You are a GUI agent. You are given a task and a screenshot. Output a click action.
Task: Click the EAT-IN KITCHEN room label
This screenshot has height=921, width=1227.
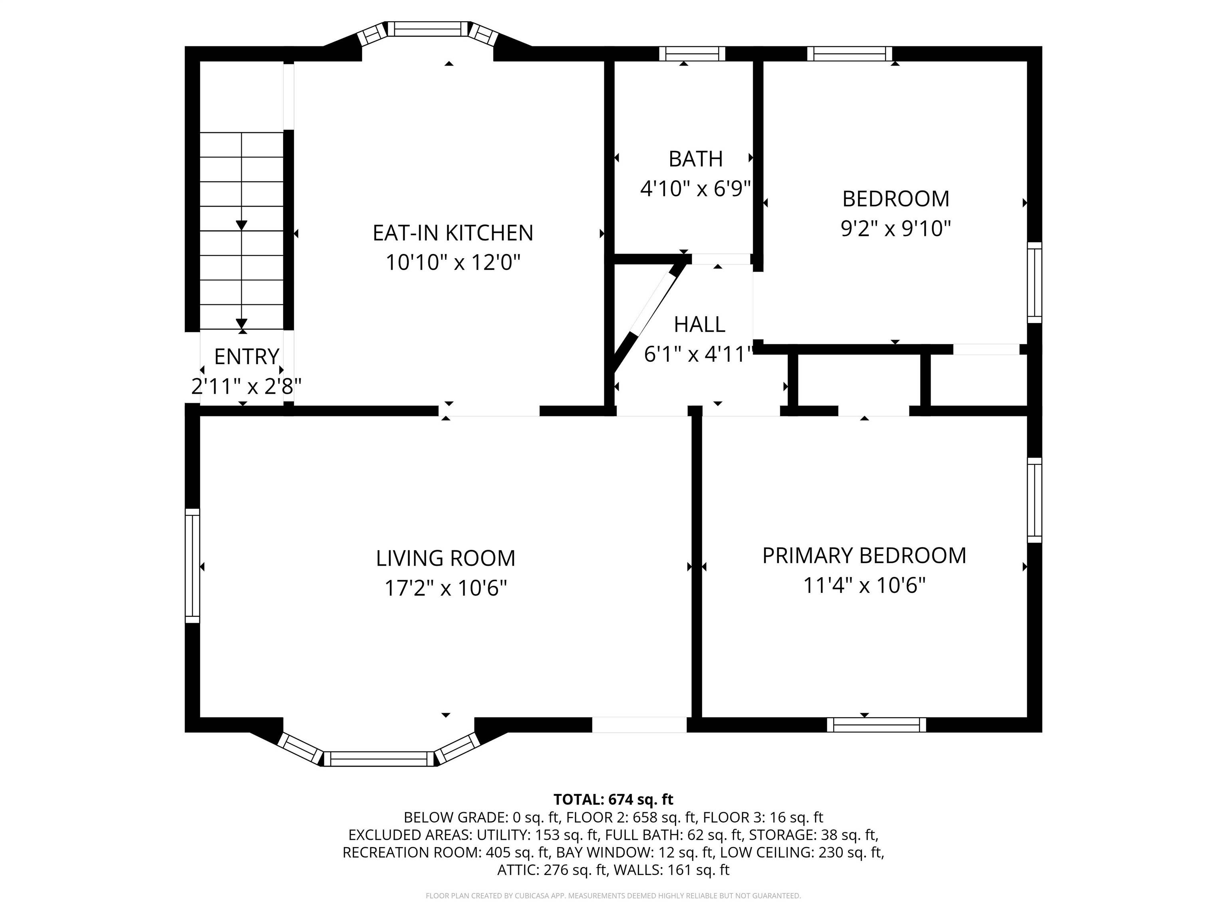click(452, 233)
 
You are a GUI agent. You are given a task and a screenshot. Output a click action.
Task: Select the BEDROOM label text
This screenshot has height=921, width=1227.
click(895, 199)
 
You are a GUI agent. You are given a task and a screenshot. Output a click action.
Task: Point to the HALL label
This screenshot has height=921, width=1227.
click(699, 324)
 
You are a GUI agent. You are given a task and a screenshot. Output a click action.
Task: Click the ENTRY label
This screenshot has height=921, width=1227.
click(246, 357)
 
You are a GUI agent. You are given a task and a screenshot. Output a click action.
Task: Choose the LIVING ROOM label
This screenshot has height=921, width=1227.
click(445, 558)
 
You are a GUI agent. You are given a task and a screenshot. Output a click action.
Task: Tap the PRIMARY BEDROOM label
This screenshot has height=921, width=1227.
click(864, 556)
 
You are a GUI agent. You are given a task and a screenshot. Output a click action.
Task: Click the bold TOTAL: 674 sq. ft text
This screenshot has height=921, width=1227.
click(613, 799)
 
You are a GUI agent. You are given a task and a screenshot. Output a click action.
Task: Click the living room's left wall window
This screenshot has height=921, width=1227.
click(192, 566)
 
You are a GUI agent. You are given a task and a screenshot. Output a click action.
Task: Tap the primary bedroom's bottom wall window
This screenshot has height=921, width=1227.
click(876, 724)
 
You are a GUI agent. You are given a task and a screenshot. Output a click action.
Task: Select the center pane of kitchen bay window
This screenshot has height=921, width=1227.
click(427, 28)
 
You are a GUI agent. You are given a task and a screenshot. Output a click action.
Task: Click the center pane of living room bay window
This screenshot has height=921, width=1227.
click(379, 759)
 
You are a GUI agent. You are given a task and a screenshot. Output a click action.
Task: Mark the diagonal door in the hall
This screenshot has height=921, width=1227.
click(646, 315)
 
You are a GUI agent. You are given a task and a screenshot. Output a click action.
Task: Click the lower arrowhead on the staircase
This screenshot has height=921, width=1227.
click(241, 324)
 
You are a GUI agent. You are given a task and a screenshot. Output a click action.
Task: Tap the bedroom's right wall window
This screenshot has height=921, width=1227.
click(1034, 282)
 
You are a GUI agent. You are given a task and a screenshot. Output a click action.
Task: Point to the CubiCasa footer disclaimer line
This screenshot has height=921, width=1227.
click(613, 895)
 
